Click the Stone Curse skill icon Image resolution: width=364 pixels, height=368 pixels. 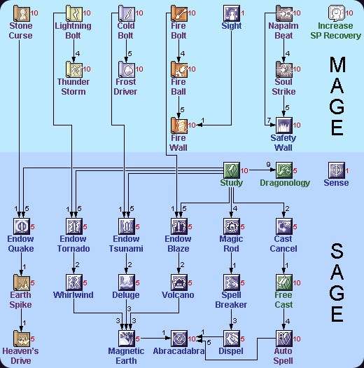pyautogui.click(x=21, y=13)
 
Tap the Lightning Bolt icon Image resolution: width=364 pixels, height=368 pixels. pyautogui.click(x=73, y=13)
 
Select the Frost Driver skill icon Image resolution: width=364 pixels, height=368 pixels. pyautogui.click(x=126, y=69)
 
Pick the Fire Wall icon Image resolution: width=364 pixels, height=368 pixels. pyautogui.click(x=178, y=125)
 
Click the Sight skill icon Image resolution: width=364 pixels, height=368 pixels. pyautogui.click(x=232, y=13)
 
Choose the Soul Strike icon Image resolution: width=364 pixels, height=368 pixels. pyautogui.click(x=283, y=69)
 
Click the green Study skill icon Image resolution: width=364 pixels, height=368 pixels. pyautogui.click(x=232, y=170)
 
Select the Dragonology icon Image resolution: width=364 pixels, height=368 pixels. pyautogui.click(x=283, y=170)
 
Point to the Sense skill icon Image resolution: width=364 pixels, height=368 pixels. pyautogui.click(x=337, y=170)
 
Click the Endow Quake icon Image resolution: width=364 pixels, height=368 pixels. pyautogui.click(x=21, y=226)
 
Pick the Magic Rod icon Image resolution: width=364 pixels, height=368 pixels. pyautogui.click(x=232, y=226)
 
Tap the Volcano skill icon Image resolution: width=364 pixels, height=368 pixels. pyautogui.click(x=178, y=282)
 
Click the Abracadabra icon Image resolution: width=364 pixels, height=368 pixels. pyautogui.click(x=178, y=339)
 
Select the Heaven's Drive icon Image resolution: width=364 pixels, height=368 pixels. pyautogui.click(x=21, y=339)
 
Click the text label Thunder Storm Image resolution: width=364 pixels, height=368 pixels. pyautogui.click(x=73, y=87)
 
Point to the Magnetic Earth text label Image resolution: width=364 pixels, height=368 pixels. pyautogui.click(x=126, y=355)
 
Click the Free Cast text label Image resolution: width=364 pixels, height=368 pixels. pyautogui.click(x=283, y=299)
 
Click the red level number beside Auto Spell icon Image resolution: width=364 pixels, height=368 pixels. pyautogui.click(x=296, y=339)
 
